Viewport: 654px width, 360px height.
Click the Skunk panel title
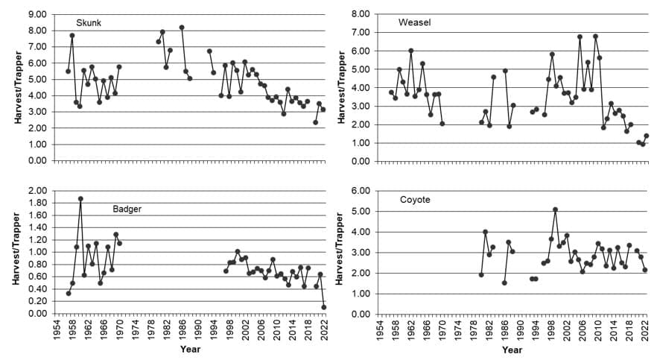coord(89,23)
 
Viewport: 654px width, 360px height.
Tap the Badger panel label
coord(127,209)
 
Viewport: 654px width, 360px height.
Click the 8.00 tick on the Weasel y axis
coord(359,14)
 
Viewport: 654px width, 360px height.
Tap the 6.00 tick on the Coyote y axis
coord(359,191)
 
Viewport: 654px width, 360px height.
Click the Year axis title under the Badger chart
coord(191,349)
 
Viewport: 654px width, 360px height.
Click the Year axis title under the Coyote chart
coord(512,349)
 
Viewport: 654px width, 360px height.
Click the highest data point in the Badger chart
coord(80,199)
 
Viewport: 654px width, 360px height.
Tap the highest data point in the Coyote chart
coord(555,209)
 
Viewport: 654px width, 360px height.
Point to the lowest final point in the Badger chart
coord(324,307)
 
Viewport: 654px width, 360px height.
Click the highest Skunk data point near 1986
coord(182,28)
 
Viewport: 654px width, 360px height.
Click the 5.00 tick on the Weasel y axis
coord(359,69)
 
